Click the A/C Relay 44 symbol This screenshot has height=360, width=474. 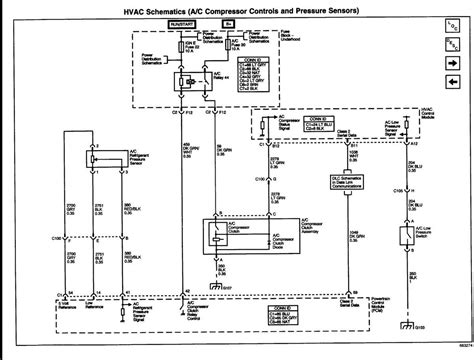point(184,79)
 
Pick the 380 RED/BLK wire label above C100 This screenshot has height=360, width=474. point(129,211)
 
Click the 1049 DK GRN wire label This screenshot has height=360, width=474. point(354,237)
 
